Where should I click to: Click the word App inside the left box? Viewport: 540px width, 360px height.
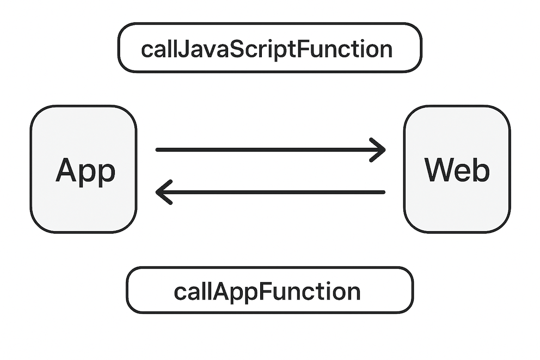coord(85,171)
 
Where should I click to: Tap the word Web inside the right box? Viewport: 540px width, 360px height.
coord(457,169)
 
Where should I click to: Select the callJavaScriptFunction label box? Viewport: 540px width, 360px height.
coord(270,47)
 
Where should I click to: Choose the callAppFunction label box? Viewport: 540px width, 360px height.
coord(269,290)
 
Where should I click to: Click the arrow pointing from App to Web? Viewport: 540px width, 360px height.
coord(271,150)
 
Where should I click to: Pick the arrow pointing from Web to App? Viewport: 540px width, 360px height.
coord(270,192)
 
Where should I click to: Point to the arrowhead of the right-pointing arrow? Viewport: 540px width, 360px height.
coord(378,150)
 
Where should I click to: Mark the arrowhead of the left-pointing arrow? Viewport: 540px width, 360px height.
coord(163,192)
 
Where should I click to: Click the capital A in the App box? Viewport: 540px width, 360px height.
coord(66,169)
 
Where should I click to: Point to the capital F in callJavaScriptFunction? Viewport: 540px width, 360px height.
coord(302,49)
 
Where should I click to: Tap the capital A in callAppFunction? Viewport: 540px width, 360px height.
coord(221,292)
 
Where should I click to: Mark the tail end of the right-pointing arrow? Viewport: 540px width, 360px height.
coord(157,150)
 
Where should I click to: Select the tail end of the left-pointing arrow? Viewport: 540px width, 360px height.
coord(383,192)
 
